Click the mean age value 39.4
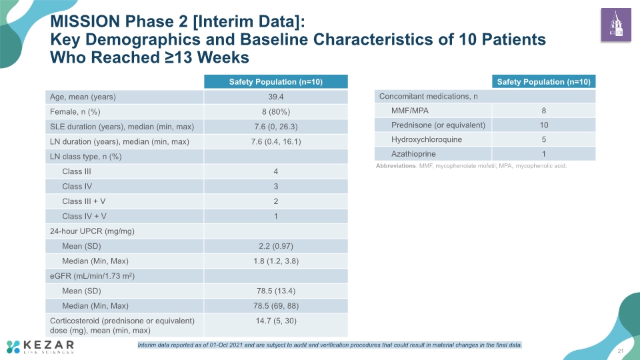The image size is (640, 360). point(276,97)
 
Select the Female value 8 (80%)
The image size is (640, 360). point(276,112)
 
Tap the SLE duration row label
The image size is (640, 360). point(122,127)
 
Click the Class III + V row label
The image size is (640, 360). point(84,201)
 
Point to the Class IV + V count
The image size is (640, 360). point(276,216)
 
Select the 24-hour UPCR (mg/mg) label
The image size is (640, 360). point(92,231)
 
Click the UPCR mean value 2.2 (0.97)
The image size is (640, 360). point(276,246)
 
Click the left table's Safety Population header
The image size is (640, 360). point(276,81)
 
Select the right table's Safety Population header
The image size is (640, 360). point(544,81)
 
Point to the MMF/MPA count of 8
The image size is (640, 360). point(544,111)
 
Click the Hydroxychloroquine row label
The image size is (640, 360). point(427,139)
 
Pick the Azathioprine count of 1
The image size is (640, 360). point(544,154)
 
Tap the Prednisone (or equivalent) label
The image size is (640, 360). point(439,125)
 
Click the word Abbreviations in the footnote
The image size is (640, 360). point(396,166)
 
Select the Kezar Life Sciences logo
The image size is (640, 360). point(40,347)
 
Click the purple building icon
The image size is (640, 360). point(616,25)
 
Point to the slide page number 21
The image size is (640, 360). point(621,351)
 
